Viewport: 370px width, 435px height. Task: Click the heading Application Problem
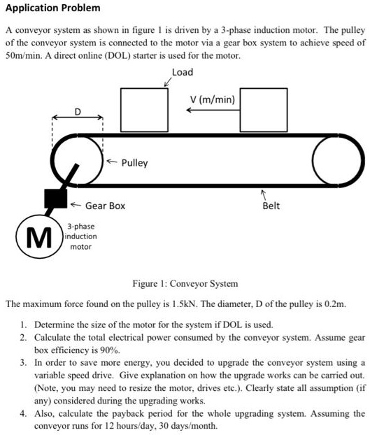pos(53,8)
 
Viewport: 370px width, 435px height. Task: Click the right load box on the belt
pos(264,108)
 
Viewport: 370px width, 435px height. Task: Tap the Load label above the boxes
pos(183,72)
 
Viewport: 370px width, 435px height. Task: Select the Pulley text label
pos(134,163)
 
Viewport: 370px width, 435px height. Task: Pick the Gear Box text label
pos(105,206)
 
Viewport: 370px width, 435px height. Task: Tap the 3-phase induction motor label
pos(81,236)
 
